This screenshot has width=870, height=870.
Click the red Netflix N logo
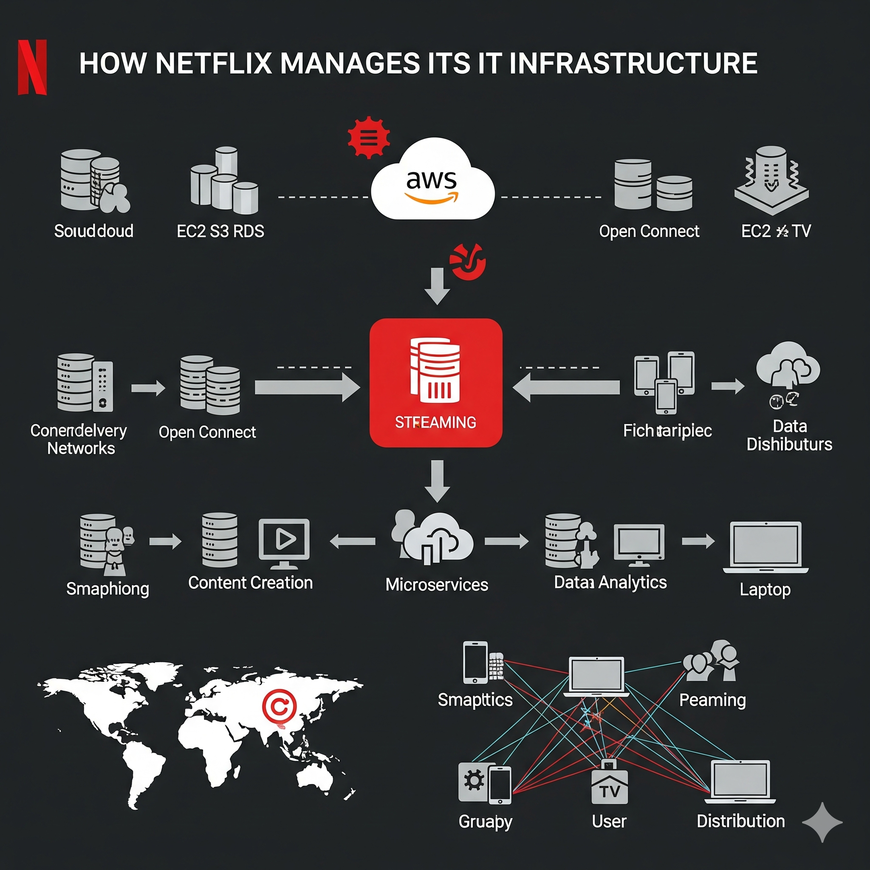(32, 67)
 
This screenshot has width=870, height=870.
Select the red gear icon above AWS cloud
(368, 137)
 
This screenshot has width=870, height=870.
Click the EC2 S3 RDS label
(220, 231)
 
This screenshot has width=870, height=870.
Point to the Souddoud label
(93, 231)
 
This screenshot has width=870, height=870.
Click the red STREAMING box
(435, 383)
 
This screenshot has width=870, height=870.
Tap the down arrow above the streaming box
(437, 286)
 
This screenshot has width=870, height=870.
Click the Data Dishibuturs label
(789, 435)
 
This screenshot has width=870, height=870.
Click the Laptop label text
(765, 589)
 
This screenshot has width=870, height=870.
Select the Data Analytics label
(610, 582)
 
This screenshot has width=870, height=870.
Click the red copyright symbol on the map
(279, 707)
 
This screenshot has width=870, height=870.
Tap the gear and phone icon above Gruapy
(485, 783)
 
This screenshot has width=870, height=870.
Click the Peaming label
(712, 700)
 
